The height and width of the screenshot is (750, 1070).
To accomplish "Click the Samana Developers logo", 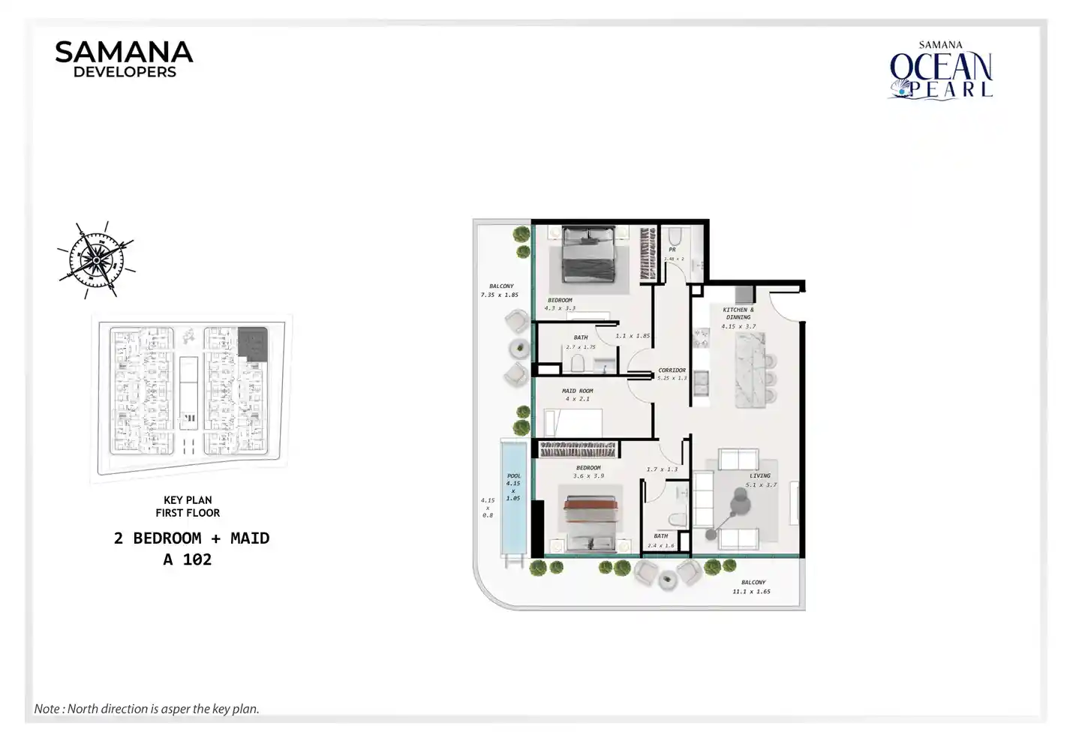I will pos(124,59).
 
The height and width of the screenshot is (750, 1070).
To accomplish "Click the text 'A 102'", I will pos(188,559).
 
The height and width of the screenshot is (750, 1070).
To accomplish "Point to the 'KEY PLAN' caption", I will pos(188,500).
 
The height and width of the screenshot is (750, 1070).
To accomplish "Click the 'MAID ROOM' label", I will pos(577,391).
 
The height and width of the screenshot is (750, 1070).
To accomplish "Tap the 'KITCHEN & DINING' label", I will pos(738,313).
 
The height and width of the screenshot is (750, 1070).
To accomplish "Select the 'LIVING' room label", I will pos(759,475).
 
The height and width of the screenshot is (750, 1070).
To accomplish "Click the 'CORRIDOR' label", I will pos(672,370).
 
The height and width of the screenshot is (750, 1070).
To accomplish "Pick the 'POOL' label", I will pos(513,475).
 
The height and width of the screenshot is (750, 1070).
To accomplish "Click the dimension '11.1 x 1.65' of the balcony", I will pos(751,592).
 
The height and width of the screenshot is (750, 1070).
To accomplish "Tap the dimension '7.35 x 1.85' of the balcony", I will pos(499,295).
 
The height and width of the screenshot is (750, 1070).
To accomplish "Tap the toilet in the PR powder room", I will pos(673,235).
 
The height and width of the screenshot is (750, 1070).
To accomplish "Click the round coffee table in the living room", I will pos(741,505).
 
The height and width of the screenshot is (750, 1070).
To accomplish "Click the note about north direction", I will pos(147,709).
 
